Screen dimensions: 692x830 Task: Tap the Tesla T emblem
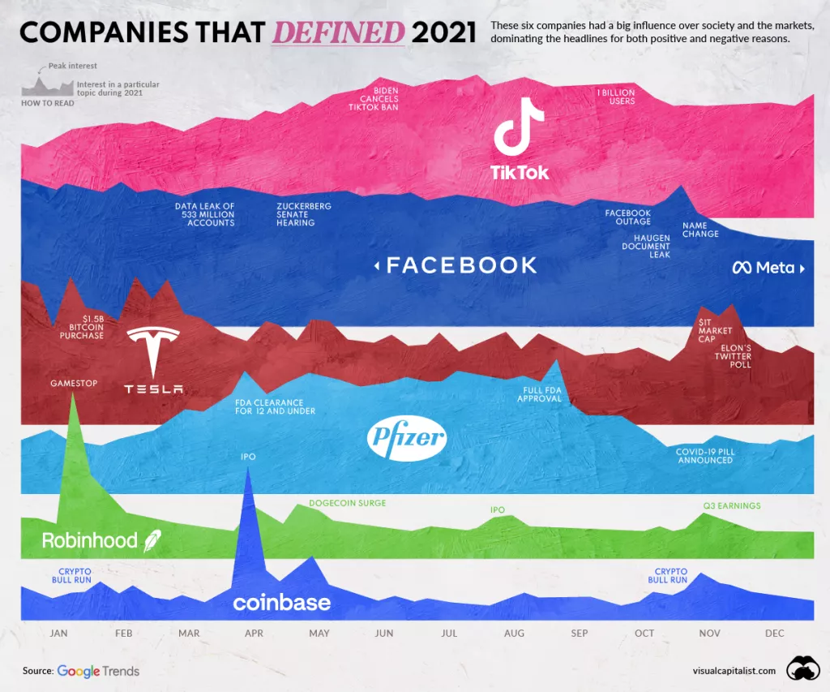[153, 350]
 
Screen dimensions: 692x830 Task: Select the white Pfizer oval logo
[407, 438]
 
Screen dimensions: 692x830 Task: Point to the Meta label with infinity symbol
[764, 268]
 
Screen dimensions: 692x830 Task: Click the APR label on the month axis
[254, 634]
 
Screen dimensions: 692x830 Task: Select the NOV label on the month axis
[709, 634]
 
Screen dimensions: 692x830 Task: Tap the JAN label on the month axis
[59, 634]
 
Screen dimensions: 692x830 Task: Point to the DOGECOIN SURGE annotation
[347, 503]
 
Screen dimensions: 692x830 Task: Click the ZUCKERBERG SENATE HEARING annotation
[303, 214]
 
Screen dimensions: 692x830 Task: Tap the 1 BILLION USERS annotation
[616, 97]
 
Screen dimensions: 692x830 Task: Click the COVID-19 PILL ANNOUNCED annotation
[704, 456]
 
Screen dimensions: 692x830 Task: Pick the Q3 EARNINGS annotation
[731, 505]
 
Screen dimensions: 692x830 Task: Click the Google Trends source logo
[98, 671]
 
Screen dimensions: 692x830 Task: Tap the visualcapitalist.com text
[734, 671]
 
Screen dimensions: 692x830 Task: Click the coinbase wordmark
[281, 603]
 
